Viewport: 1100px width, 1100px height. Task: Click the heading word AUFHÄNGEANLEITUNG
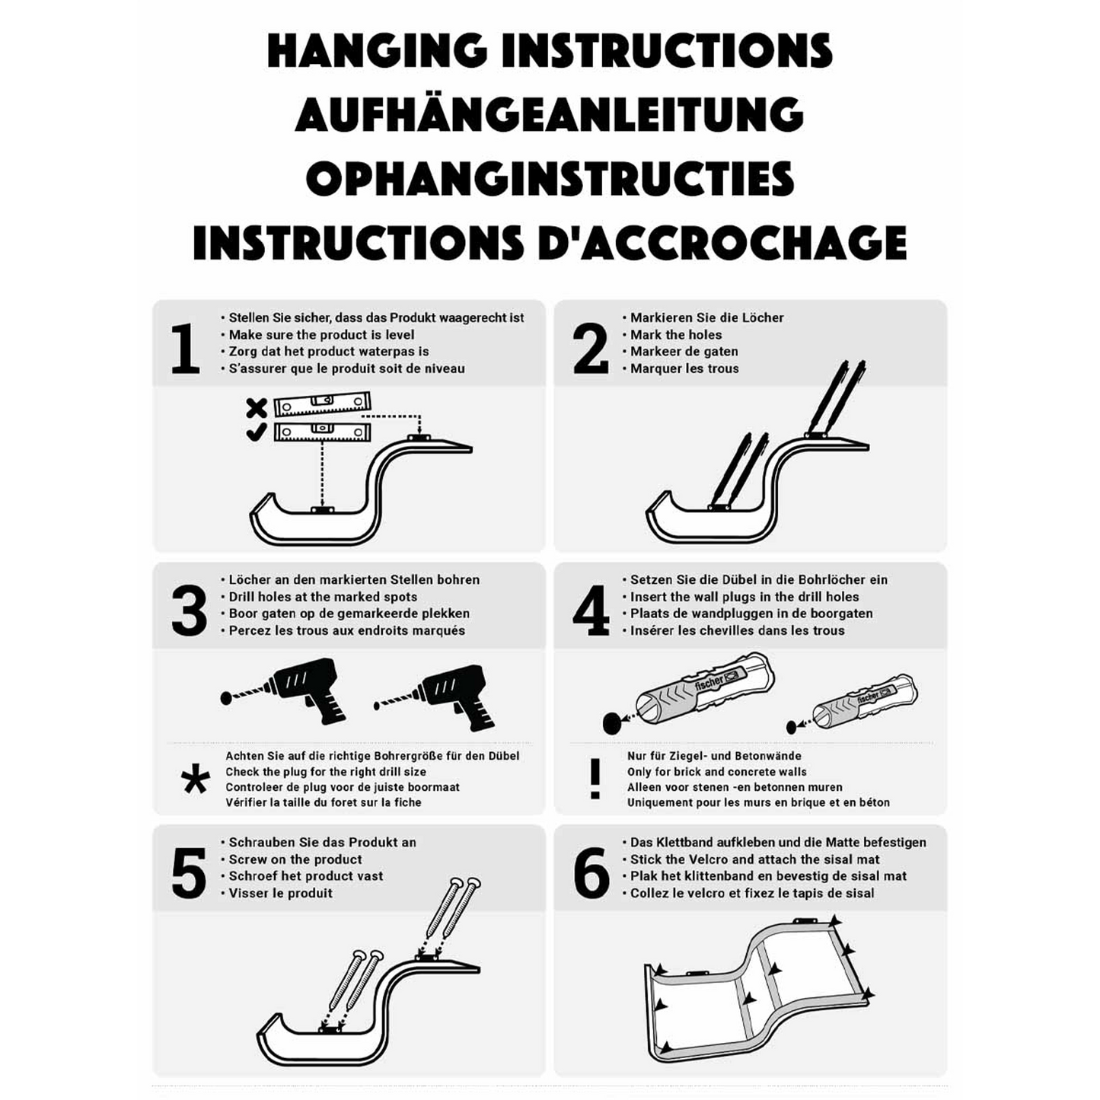[x=549, y=114]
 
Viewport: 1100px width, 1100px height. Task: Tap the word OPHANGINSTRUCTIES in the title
[x=550, y=179]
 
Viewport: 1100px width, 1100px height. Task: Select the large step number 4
[x=591, y=611]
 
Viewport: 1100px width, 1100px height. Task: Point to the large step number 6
[x=591, y=872]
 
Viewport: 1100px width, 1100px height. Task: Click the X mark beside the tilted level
[x=257, y=408]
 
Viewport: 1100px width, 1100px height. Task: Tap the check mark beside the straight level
[x=257, y=432]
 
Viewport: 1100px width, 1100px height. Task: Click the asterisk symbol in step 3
[x=195, y=779]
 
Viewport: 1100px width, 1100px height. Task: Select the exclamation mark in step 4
[x=595, y=779]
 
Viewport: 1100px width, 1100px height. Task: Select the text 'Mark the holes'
[x=676, y=335]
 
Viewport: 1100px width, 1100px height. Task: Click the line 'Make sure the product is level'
[x=321, y=335]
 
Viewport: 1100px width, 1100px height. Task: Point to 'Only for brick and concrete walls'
[x=716, y=773]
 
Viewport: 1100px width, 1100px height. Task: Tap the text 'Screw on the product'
[x=295, y=859]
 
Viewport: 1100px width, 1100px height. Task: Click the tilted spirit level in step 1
[x=322, y=404]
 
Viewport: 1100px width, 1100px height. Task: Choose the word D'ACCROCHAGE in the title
[x=722, y=243]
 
